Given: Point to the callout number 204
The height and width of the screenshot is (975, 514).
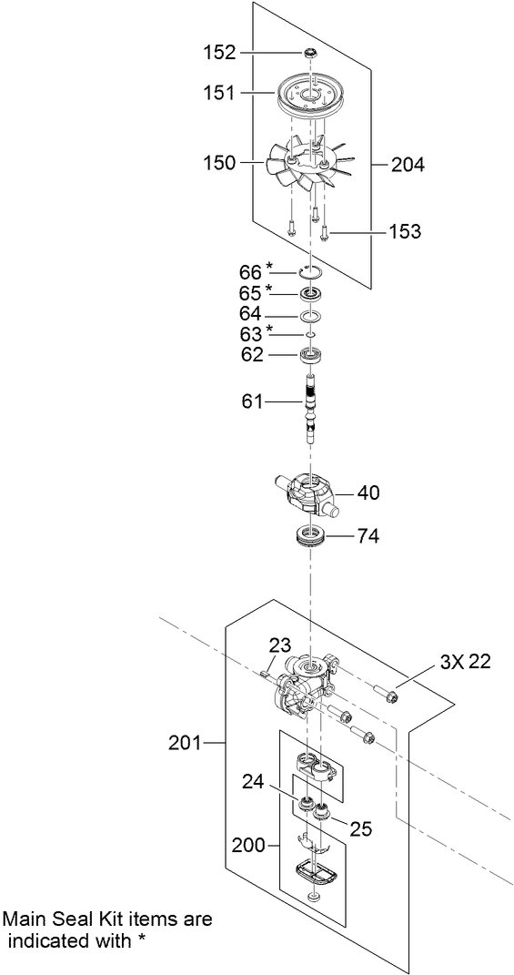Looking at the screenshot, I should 408,165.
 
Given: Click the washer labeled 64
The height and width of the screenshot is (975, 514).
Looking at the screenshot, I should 311,316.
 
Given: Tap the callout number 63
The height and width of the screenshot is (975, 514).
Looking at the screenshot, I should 250,333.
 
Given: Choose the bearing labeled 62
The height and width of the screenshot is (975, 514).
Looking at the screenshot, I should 311,355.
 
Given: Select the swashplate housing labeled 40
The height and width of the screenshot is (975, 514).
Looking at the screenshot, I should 310,493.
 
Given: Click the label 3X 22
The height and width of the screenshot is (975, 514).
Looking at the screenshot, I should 465,662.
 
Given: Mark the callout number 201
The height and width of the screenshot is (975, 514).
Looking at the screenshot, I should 186,743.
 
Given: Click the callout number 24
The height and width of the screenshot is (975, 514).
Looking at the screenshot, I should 253,780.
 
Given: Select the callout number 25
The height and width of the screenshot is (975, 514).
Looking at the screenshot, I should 361,829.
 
